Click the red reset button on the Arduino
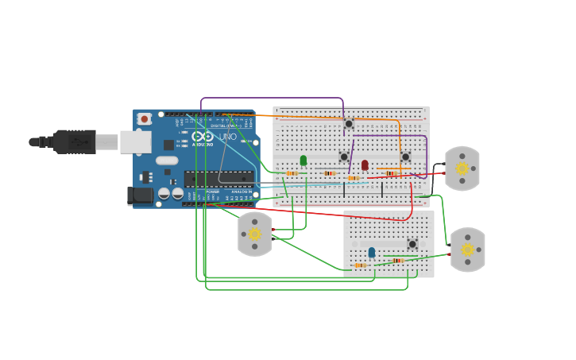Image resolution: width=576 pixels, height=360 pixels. click(x=144, y=119)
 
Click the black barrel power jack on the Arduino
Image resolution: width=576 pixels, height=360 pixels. click(x=141, y=195)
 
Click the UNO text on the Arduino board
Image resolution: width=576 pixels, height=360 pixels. click(x=228, y=137)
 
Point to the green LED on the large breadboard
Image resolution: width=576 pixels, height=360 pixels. click(x=303, y=161)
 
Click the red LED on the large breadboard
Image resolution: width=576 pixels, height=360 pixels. click(x=365, y=165)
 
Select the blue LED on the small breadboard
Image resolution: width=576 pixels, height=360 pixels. click(x=371, y=252)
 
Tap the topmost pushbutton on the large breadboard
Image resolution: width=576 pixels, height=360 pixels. click(x=349, y=124)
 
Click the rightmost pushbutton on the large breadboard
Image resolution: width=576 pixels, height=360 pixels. click(x=405, y=157)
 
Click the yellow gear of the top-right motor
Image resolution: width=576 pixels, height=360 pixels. click(x=462, y=168)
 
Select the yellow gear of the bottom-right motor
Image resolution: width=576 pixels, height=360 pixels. click(x=468, y=250)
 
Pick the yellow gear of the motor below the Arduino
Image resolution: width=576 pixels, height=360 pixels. click(x=255, y=234)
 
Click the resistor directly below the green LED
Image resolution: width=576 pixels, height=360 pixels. click(x=292, y=173)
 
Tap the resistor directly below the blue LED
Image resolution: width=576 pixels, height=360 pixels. click(x=360, y=265)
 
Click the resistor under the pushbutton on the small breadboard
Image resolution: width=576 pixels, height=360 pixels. click(x=397, y=260)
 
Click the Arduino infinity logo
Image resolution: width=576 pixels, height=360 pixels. click(x=203, y=136)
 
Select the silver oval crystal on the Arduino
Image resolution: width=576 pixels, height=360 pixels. click(x=167, y=161)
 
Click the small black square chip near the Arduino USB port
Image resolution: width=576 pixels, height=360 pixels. click(x=168, y=145)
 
